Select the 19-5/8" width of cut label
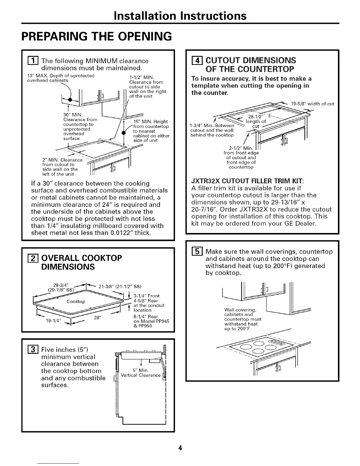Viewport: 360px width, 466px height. [x=312, y=104]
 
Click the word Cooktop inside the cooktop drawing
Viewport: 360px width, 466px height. [x=76, y=302]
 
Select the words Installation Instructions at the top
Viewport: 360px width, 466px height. [x=180, y=15]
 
